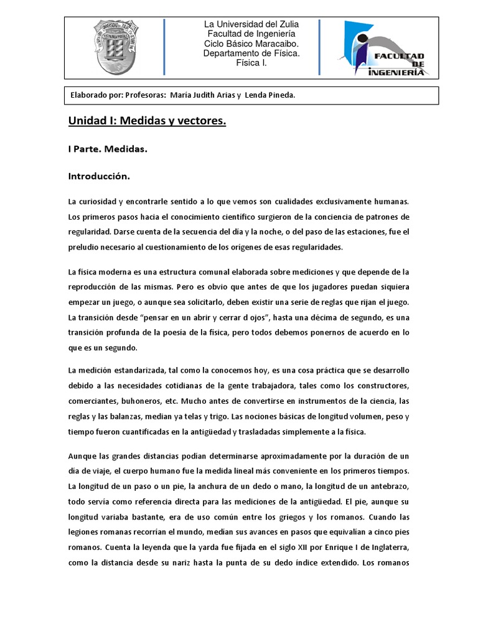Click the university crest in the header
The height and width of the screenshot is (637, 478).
(x=116, y=48)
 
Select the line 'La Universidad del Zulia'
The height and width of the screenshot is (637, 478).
(x=251, y=24)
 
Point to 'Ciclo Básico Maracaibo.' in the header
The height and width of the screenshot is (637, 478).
(x=251, y=44)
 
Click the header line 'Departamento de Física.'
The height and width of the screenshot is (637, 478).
(x=251, y=53)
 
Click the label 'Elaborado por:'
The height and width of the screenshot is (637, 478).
(x=96, y=95)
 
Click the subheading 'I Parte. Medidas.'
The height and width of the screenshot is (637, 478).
(x=108, y=149)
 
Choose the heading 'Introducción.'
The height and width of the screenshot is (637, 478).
(x=99, y=177)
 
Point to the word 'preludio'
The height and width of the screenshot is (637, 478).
(x=84, y=247)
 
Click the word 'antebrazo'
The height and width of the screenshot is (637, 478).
(x=387, y=486)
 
